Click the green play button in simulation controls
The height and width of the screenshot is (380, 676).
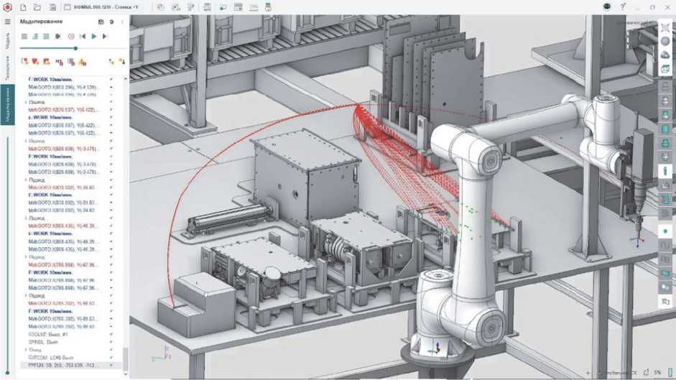click(93, 36)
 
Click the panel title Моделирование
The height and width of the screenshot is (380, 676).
click(41, 22)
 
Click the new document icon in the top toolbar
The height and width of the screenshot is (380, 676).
click(23, 7)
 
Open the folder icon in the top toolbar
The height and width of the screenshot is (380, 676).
click(37, 7)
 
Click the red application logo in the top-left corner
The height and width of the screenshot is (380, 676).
click(8, 7)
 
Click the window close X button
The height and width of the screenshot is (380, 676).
click(668, 7)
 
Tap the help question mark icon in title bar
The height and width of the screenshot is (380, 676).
click(624, 6)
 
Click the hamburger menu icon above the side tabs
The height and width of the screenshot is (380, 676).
click(8, 22)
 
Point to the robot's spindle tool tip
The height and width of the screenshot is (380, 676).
click(635, 216)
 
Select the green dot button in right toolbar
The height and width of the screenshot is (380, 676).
click(665, 231)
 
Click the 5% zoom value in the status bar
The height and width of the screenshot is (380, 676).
click(657, 373)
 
